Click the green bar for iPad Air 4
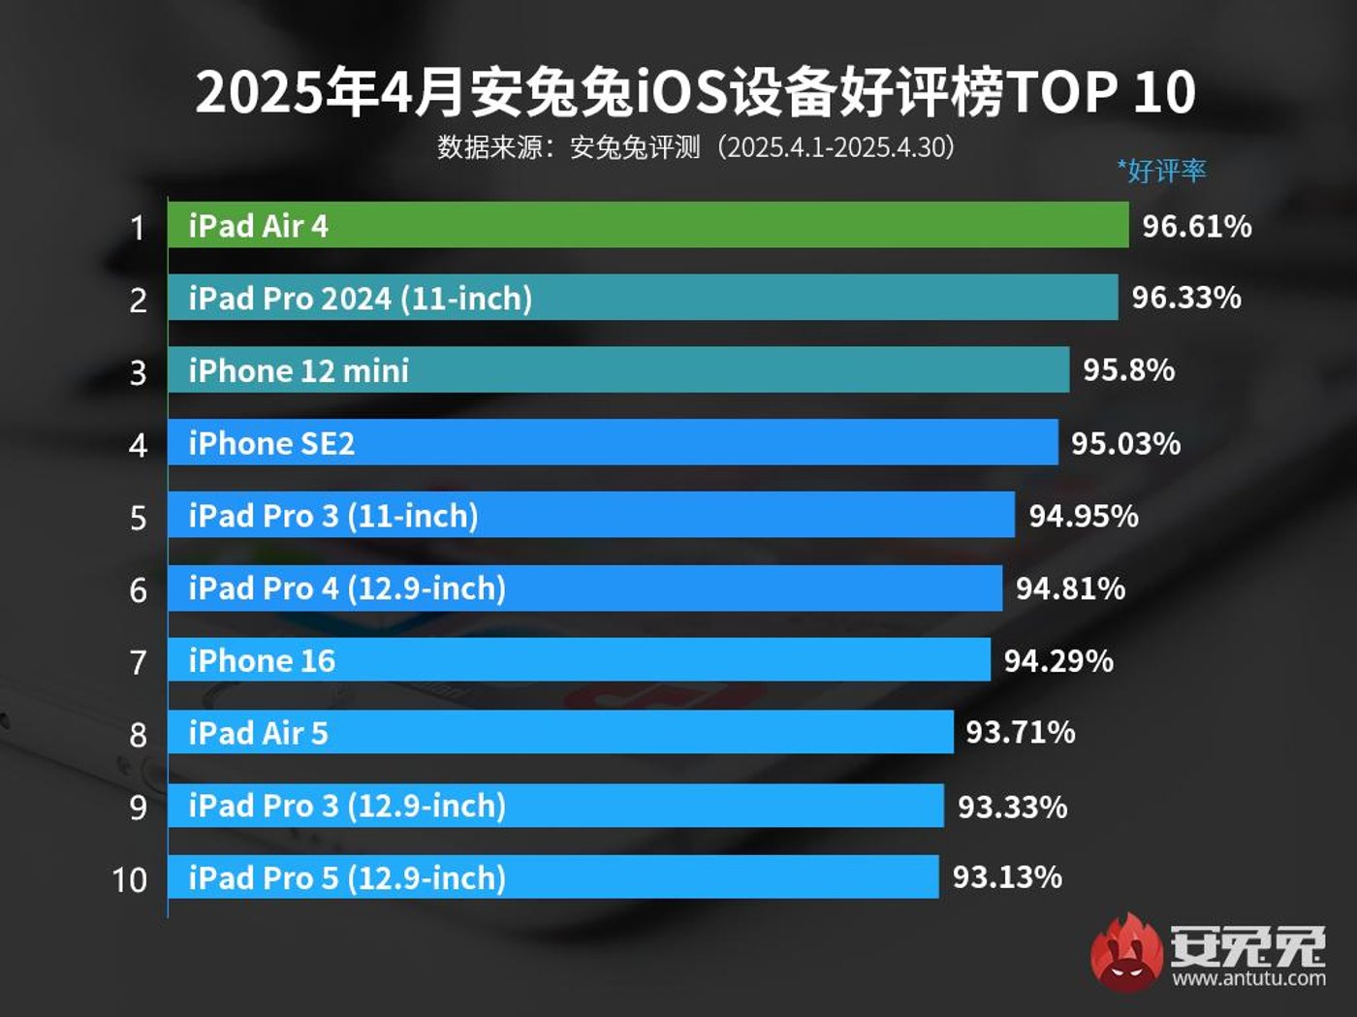point(647,225)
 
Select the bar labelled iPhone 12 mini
point(617,369)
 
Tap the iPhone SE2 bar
point(612,442)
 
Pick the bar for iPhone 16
point(579,660)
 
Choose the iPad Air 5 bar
point(560,732)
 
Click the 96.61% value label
point(1196,226)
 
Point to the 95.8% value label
point(1128,369)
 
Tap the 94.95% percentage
point(1083,516)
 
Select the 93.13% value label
point(1007,877)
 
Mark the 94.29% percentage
point(1058,661)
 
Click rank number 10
point(129,880)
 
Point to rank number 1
point(138,228)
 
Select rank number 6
point(138,589)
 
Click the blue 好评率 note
point(1161,171)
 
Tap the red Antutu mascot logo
point(1126,952)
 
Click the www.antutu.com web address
point(1248,978)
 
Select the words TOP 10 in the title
point(1101,92)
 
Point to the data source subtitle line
point(696,147)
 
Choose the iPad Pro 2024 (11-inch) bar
point(642,298)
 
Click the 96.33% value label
point(1185,298)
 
